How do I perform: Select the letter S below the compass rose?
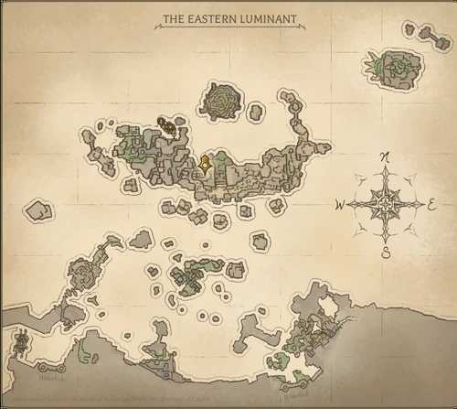click(x=386, y=253)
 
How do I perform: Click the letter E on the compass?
click(x=431, y=205)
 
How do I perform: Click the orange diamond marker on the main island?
click(x=207, y=165)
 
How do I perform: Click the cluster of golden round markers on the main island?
click(x=165, y=124)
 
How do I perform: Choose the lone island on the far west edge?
click(x=37, y=210)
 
